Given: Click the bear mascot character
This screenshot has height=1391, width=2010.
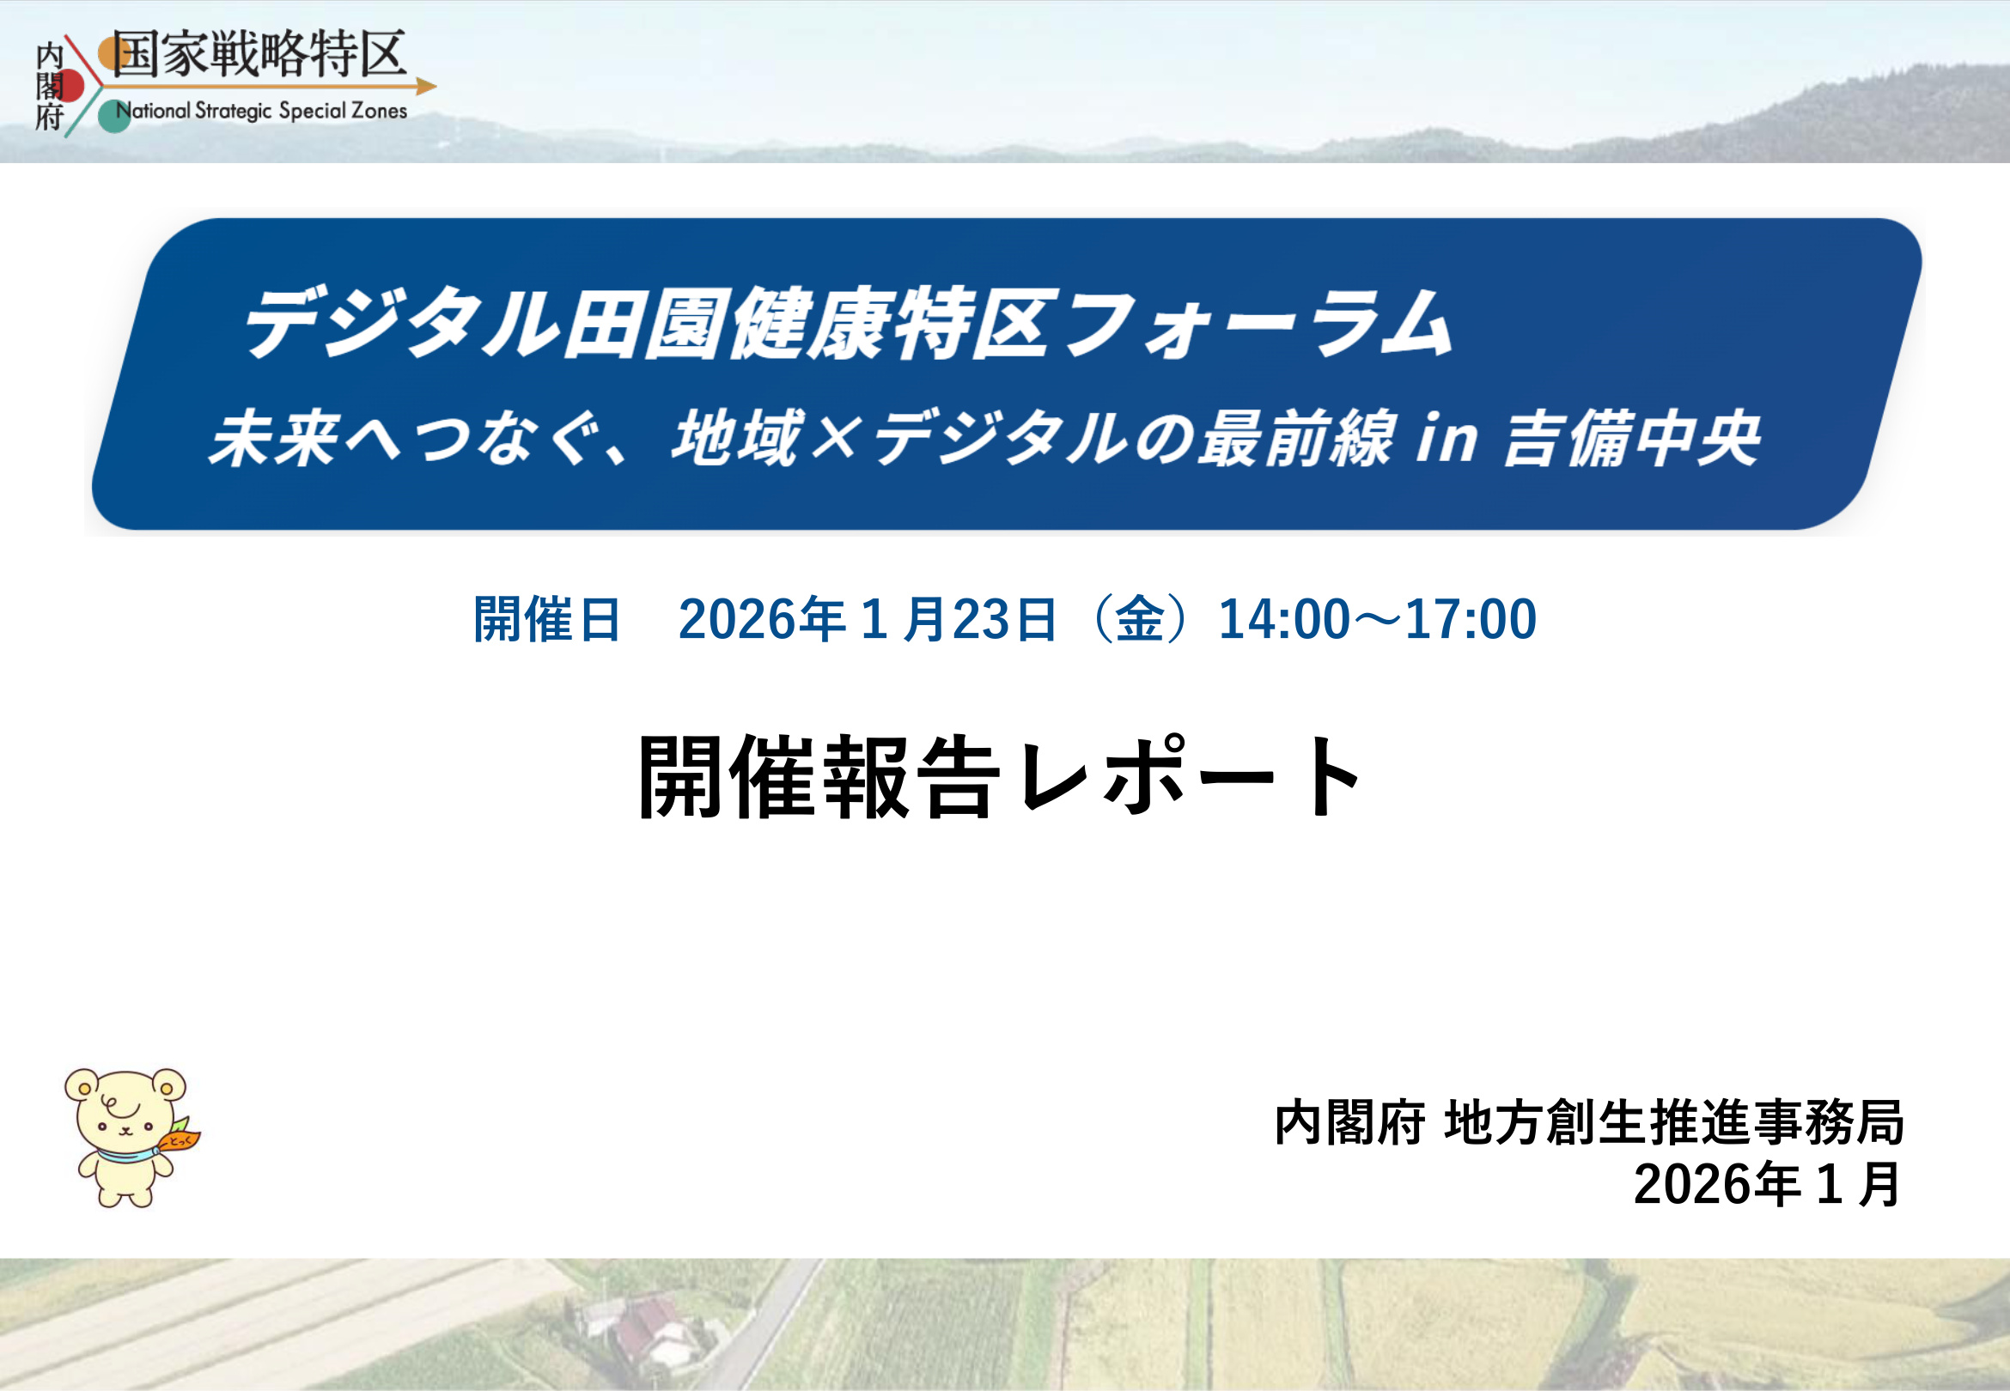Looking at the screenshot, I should pyautogui.click(x=126, y=1137).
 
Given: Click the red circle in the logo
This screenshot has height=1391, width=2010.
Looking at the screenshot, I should pyautogui.click(x=69, y=86).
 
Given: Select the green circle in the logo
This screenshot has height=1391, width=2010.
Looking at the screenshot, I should pyautogui.click(x=113, y=116).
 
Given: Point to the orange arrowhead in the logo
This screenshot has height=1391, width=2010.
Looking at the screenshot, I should pyautogui.click(x=426, y=86).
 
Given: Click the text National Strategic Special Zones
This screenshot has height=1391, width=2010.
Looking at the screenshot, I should pyautogui.click(x=261, y=112).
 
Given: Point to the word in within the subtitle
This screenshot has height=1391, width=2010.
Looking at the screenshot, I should pyautogui.click(x=1446, y=439).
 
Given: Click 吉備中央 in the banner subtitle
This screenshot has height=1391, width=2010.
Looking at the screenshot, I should pyautogui.click(x=1631, y=439).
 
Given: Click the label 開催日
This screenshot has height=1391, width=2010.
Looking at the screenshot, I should pyautogui.click(x=546, y=620).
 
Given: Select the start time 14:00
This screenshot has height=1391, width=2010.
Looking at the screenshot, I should pyautogui.click(x=1283, y=620).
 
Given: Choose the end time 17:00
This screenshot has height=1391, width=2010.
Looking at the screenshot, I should pyautogui.click(x=1471, y=620).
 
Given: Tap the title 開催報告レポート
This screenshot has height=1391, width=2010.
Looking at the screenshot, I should pyautogui.click(x=1001, y=776).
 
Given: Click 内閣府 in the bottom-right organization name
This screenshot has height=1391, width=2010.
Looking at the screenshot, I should pyautogui.click(x=1349, y=1122).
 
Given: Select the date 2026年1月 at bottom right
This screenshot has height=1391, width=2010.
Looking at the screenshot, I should pyautogui.click(x=1767, y=1184).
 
